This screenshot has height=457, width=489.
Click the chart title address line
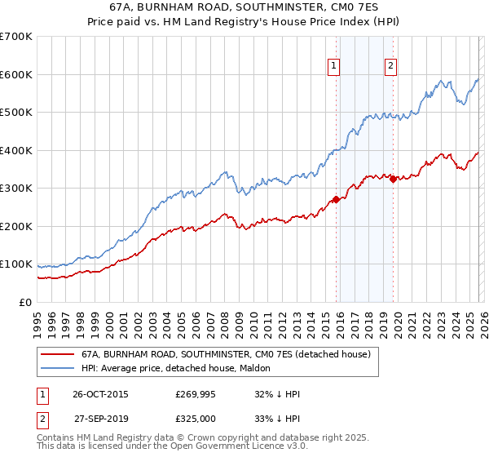click(244, 7)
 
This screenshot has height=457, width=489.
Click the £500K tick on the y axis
click(16, 112)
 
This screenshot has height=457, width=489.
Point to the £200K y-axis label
click(16, 226)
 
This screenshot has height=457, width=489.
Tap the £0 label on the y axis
click(26, 302)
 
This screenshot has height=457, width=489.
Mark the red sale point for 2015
click(336, 199)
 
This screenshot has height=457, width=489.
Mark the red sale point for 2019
click(393, 179)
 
